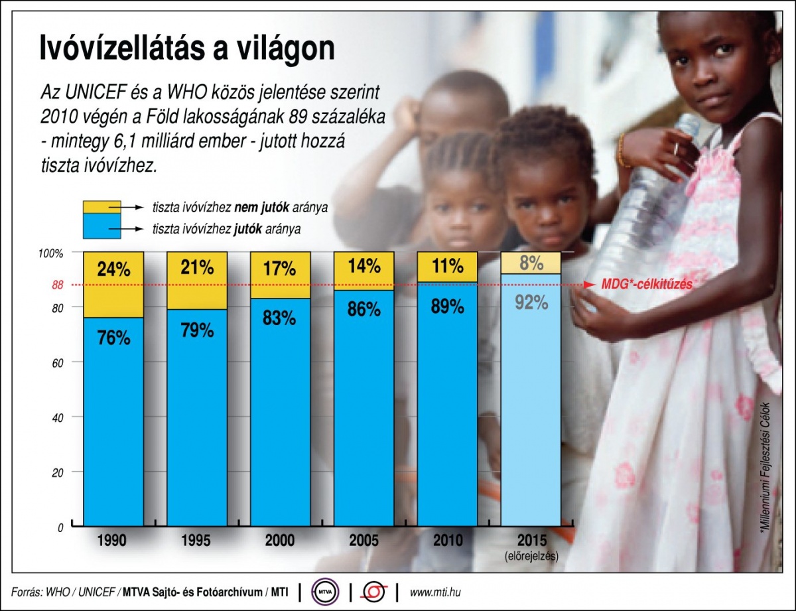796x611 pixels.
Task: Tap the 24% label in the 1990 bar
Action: tap(113, 269)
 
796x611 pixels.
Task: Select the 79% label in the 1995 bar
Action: tap(197, 329)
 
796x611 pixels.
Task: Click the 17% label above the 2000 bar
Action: tap(280, 269)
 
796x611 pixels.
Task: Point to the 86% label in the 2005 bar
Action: tap(364, 309)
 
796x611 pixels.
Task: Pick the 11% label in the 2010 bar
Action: tap(447, 267)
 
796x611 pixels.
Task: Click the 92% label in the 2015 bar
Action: tap(531, 303)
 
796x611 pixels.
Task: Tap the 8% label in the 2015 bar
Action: tap(531, 263)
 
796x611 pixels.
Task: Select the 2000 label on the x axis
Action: tap(280, 541)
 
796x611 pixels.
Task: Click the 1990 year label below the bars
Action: tap(113, 541)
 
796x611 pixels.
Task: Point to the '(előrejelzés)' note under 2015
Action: tap(531, 556)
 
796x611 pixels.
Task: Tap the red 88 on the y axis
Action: tap(57, 286)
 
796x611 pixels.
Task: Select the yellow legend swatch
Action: tap(101, 206)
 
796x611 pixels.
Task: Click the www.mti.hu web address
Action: tap(436, 590)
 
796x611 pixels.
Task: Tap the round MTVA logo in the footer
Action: tap(326, 590)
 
